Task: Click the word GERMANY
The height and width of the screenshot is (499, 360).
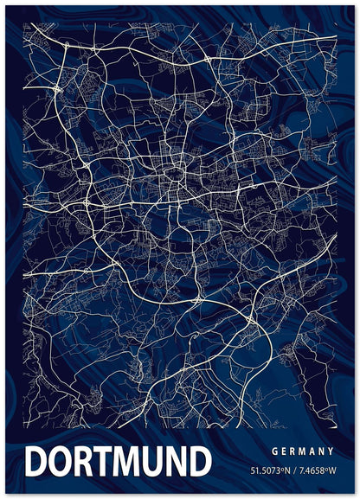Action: point(303,451)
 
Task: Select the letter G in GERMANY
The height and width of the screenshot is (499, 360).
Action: point(274,451)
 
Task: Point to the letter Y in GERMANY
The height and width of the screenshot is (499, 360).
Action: point(331,451)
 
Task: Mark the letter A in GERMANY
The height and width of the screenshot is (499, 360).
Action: point(312,451)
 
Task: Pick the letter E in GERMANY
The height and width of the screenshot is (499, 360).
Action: point(284,451)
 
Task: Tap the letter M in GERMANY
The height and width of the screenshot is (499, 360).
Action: point(303,451)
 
